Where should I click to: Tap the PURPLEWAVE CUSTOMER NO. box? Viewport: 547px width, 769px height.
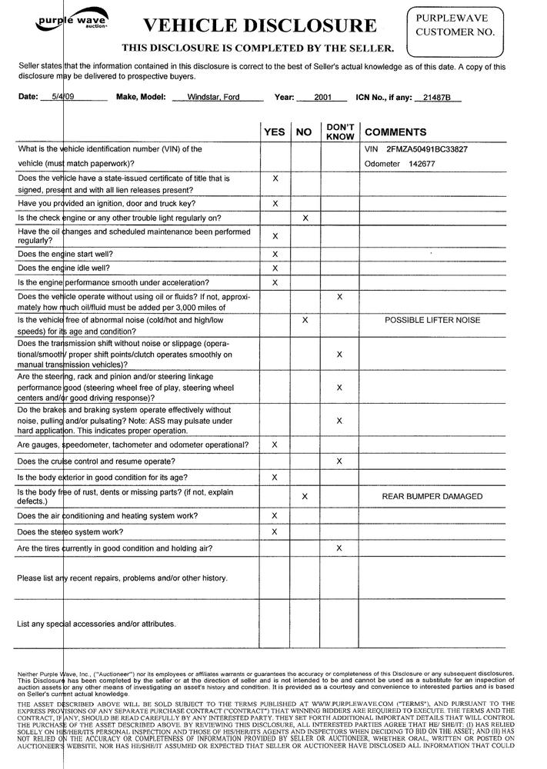(455, 28)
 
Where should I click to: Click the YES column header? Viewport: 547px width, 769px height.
(275, 132)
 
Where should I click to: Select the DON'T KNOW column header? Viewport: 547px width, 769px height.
(339, 131)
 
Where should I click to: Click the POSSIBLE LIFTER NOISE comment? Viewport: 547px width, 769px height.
(432, 320)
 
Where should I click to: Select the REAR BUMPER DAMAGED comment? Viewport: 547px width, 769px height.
(432, 497)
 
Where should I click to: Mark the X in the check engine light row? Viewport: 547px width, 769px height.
(305, 218)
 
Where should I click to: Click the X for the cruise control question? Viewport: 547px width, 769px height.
(339, 461)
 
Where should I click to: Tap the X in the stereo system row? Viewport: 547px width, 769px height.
(275, 532)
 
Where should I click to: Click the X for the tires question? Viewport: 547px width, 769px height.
(339, 548)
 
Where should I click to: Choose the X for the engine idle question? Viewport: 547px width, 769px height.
(275, 268)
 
